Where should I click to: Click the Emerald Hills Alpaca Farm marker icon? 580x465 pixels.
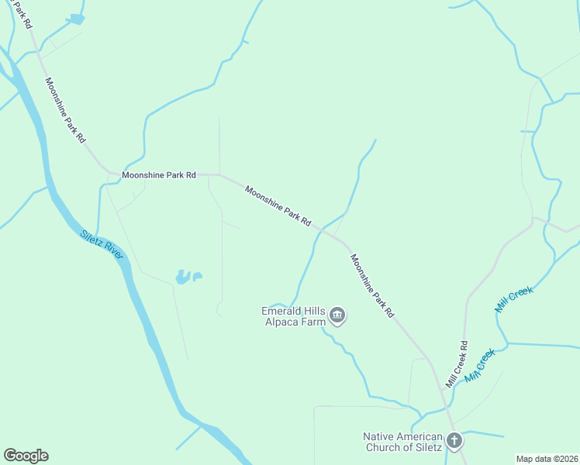pos(337,315)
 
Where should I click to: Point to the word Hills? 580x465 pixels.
pos(313,312)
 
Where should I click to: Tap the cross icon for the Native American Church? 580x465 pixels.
pos(454,441)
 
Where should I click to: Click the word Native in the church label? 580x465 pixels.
pos(380,436)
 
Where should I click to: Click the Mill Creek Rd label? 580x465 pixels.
pos(457,365)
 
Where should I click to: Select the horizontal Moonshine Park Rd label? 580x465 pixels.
pos(158,176)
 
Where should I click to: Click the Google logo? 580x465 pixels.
pos(26,456)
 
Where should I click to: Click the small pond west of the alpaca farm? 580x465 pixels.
pos(185,277)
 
